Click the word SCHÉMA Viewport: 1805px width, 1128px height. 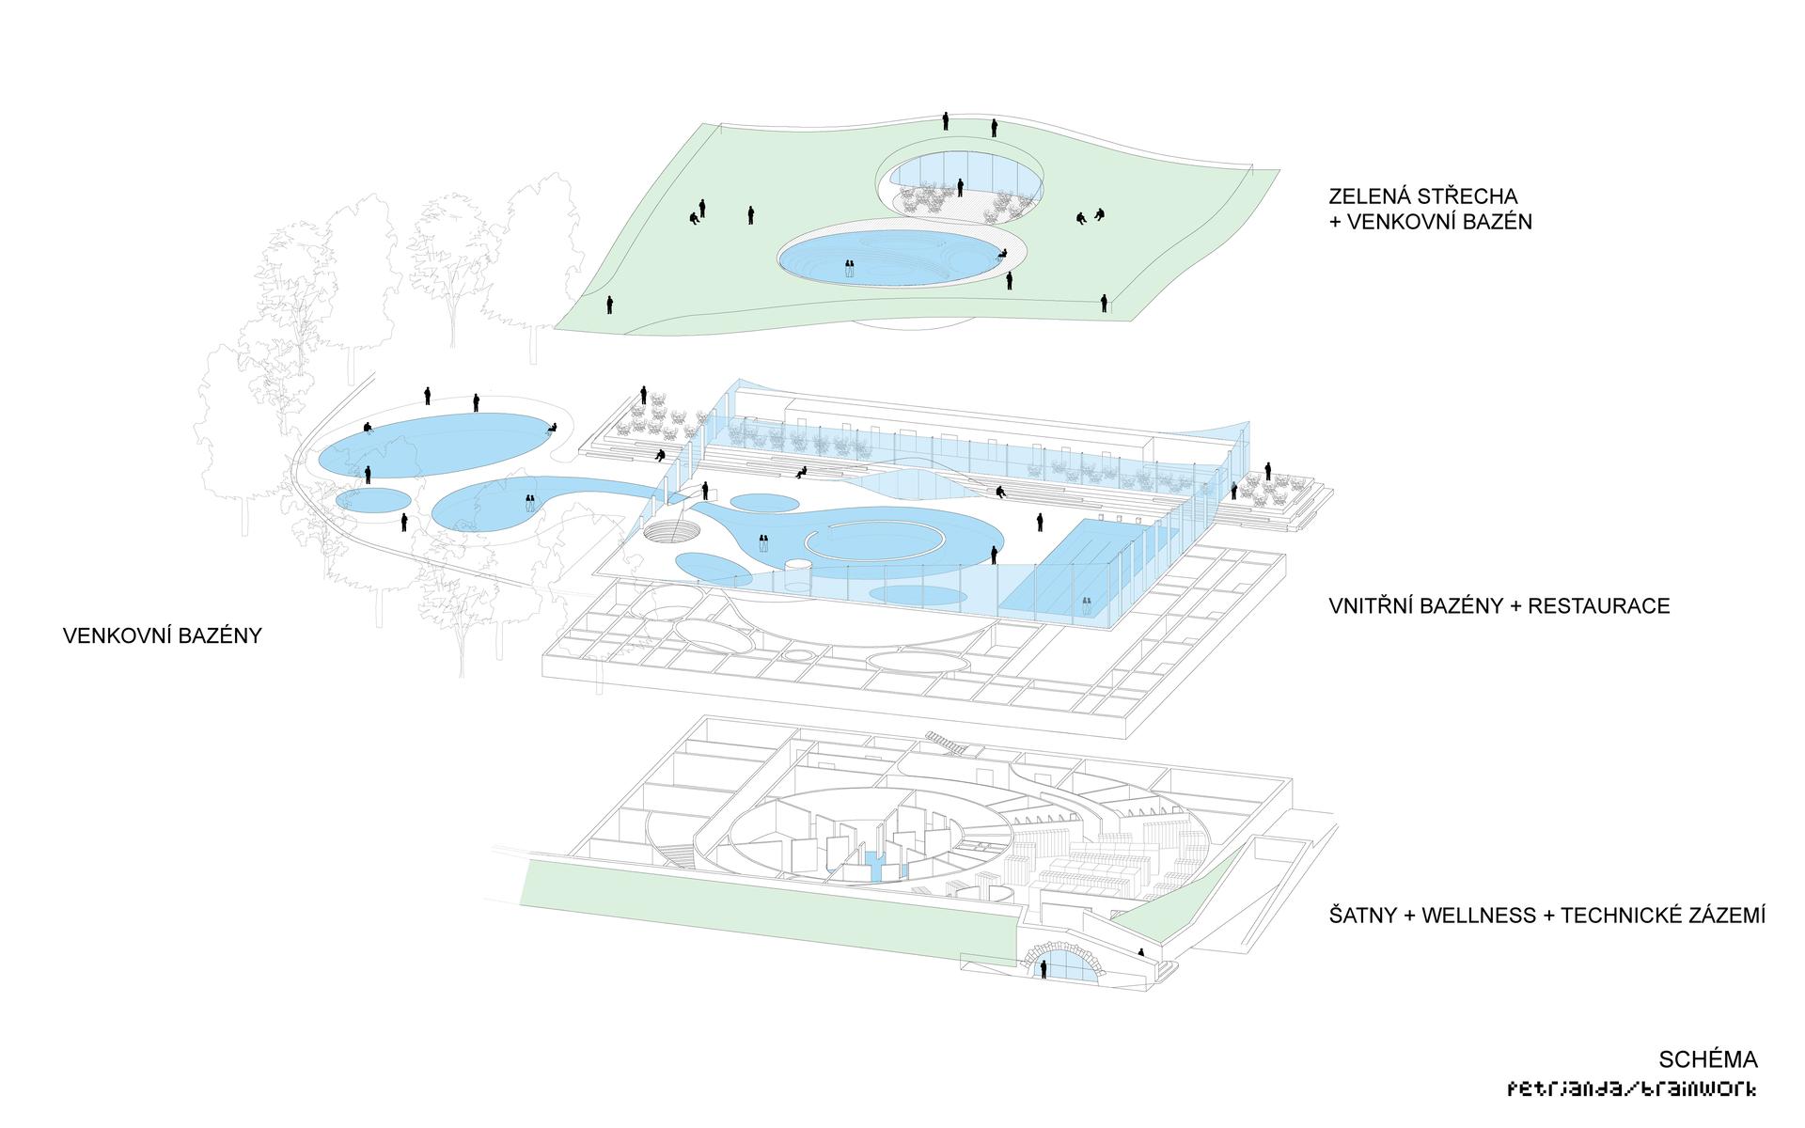[x=1708, y=1060]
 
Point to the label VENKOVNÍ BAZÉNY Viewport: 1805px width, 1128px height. [x=162, y=635]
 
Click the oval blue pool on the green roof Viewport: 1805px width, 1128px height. [x=888, y=258]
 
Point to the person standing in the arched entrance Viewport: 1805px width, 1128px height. [x=1044, y=969]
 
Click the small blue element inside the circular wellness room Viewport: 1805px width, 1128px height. [x=874, y=865]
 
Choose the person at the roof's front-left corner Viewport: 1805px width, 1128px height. [x=609, y=305]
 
